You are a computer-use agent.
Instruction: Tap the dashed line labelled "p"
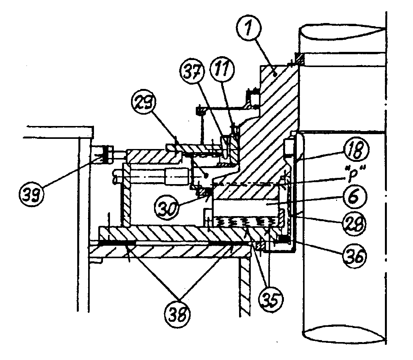click(250, 183)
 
